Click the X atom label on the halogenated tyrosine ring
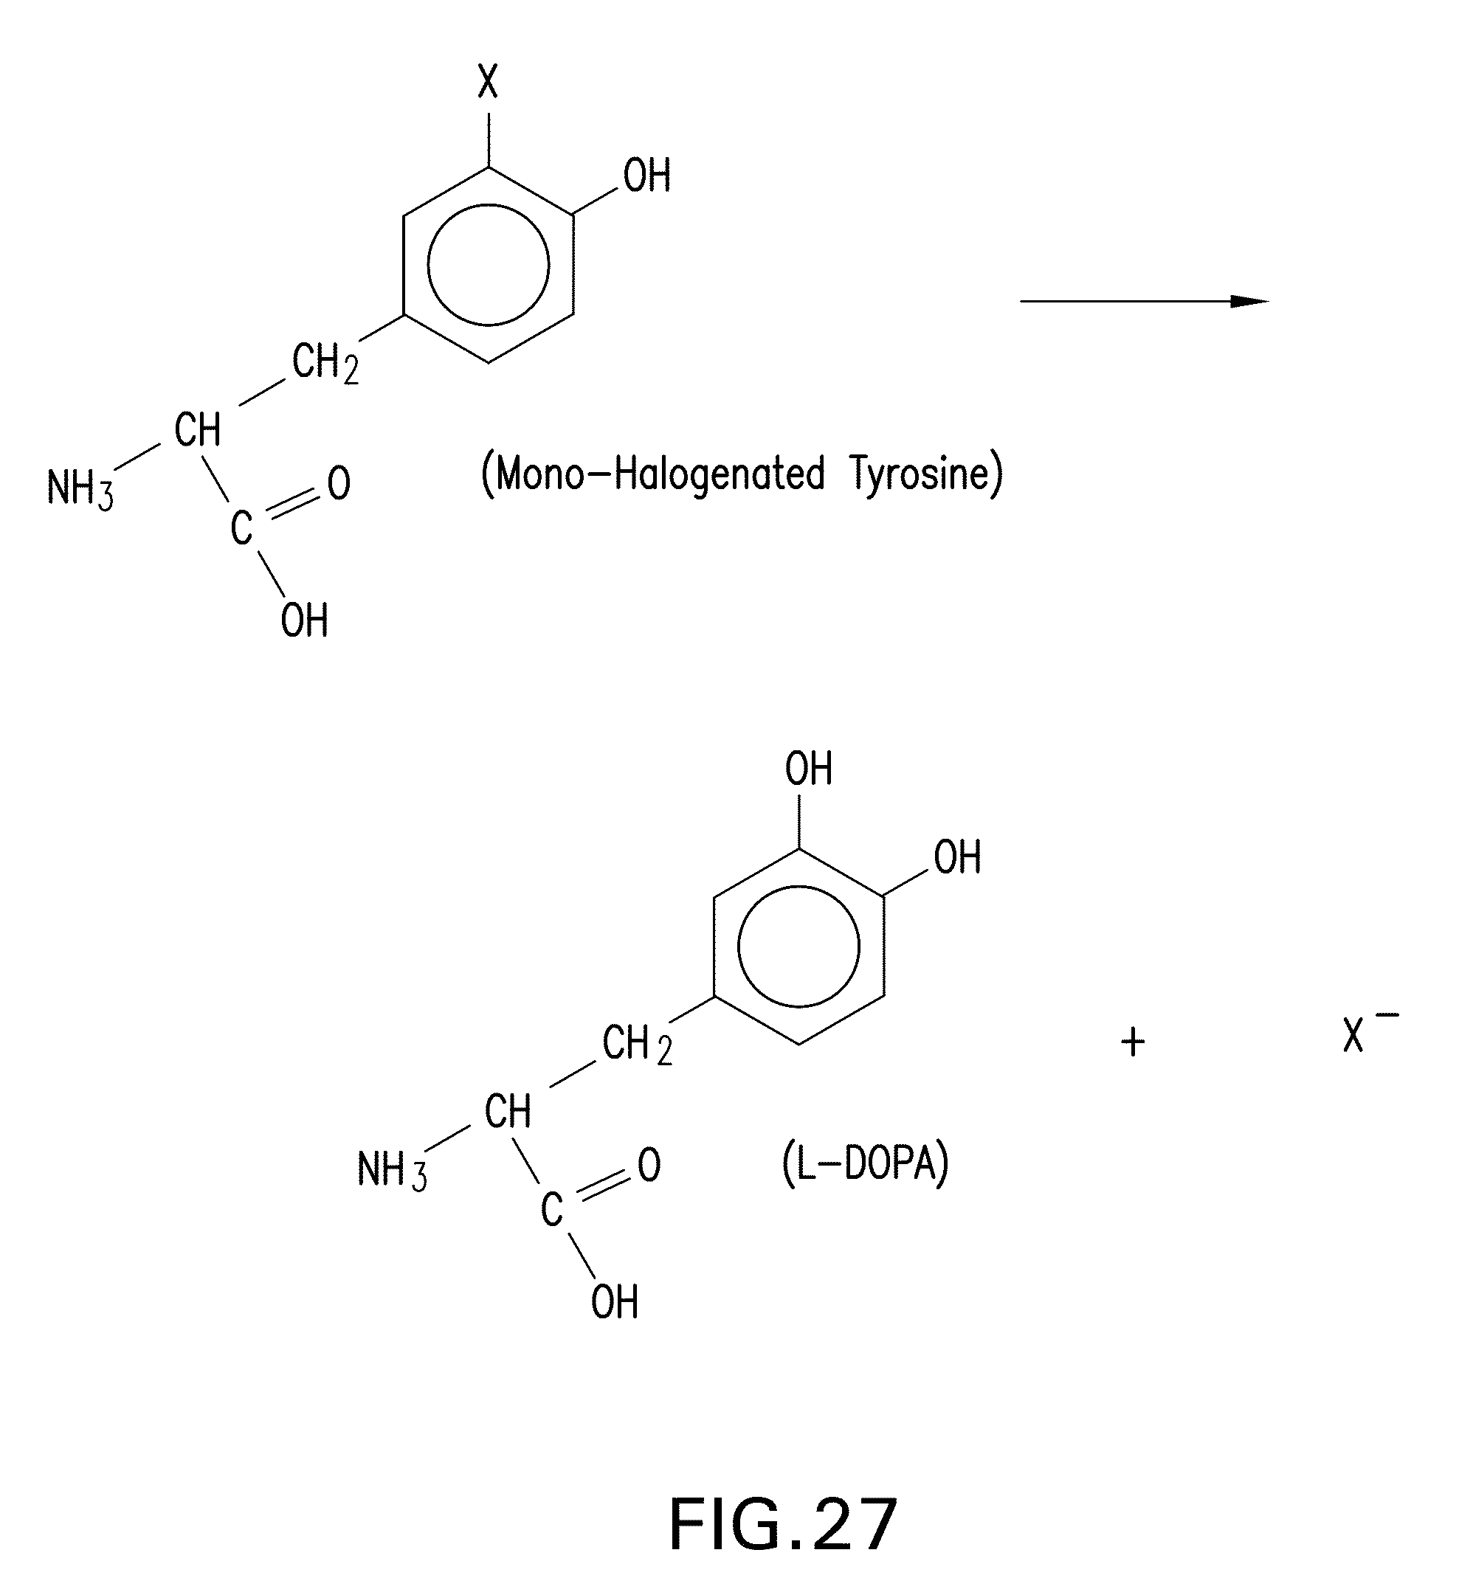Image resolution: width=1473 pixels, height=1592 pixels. pos(488,81)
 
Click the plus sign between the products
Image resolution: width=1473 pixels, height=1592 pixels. pos(1133,1042)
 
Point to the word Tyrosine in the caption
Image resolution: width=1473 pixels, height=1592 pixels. pos(925,474)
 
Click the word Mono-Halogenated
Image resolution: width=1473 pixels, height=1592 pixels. pos(654,474)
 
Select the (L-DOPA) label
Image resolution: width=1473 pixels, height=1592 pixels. pos(866,1165)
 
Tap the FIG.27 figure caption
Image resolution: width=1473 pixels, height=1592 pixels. pos(783,1525)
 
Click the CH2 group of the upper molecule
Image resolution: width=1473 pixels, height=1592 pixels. pos(325,362)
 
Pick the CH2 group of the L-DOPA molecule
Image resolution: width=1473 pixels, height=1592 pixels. pos(637,1045)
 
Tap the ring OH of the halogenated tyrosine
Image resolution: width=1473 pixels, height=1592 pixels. pos(646,176)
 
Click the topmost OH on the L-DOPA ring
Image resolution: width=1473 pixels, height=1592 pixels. pos(808,769)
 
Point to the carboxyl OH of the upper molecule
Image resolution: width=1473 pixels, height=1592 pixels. pos(305,620)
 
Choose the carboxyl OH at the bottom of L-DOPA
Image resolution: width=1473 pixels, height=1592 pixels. pos(615,1303)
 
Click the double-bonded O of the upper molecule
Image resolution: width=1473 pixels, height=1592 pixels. pos(339,484)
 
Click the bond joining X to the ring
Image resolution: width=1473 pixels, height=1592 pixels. pos(489,139)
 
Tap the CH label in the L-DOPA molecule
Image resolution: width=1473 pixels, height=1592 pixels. pos(508,1111)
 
